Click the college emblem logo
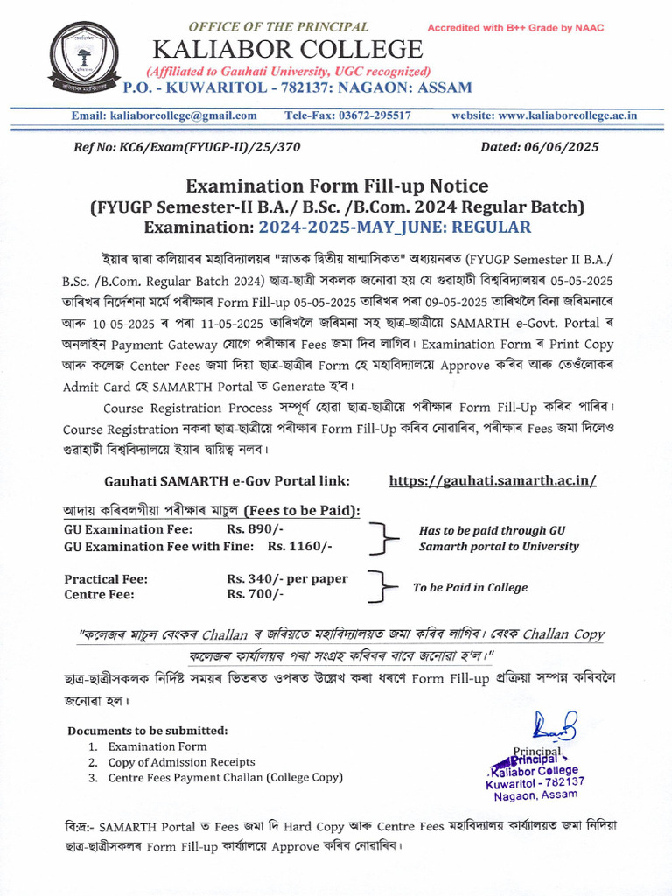point(84,59)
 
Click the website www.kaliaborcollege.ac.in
point(543,115)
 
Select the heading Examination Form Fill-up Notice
point(336,185)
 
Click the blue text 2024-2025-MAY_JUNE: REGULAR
point(395,227)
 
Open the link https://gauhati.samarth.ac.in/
point(493,481)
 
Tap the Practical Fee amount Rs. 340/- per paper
point(287,579)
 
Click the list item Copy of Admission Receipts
point(182,762)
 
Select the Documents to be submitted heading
point(147,731)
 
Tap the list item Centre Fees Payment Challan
point(226,778)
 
